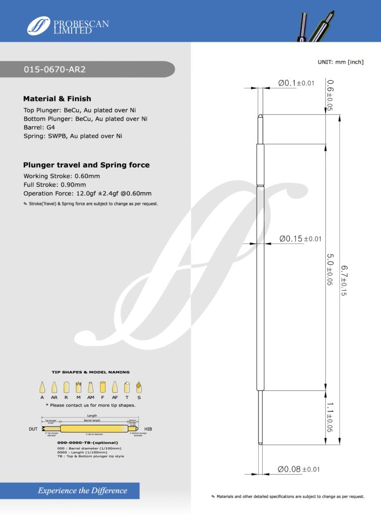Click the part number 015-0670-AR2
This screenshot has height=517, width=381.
click(x=55, y=70)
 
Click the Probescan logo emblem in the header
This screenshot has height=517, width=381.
click(x=38, y=26)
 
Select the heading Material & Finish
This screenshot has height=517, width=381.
click(x=57, y=99)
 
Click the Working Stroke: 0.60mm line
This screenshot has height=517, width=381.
click(x=62, y=176)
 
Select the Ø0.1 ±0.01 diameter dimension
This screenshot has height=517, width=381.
click(x=296, y=83)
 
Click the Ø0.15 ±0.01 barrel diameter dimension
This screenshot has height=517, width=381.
click(x=300, y=238)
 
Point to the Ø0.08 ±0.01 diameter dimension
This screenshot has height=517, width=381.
click(x=299, y=470)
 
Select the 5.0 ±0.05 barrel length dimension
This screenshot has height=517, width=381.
click(x=329, y=270)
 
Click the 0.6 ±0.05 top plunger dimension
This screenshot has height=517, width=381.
click(x=329, y=95)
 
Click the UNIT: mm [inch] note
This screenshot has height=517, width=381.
click(x=341, y=62)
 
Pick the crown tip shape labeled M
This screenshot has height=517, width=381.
click(x=78, y=388)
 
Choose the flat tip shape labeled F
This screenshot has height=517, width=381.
click(x=103, y=388)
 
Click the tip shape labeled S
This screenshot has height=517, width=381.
click(x=138, y=388)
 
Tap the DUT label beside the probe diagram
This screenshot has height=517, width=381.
click(x=31, y=429)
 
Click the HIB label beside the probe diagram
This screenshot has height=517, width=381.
click(x=148, y=429)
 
